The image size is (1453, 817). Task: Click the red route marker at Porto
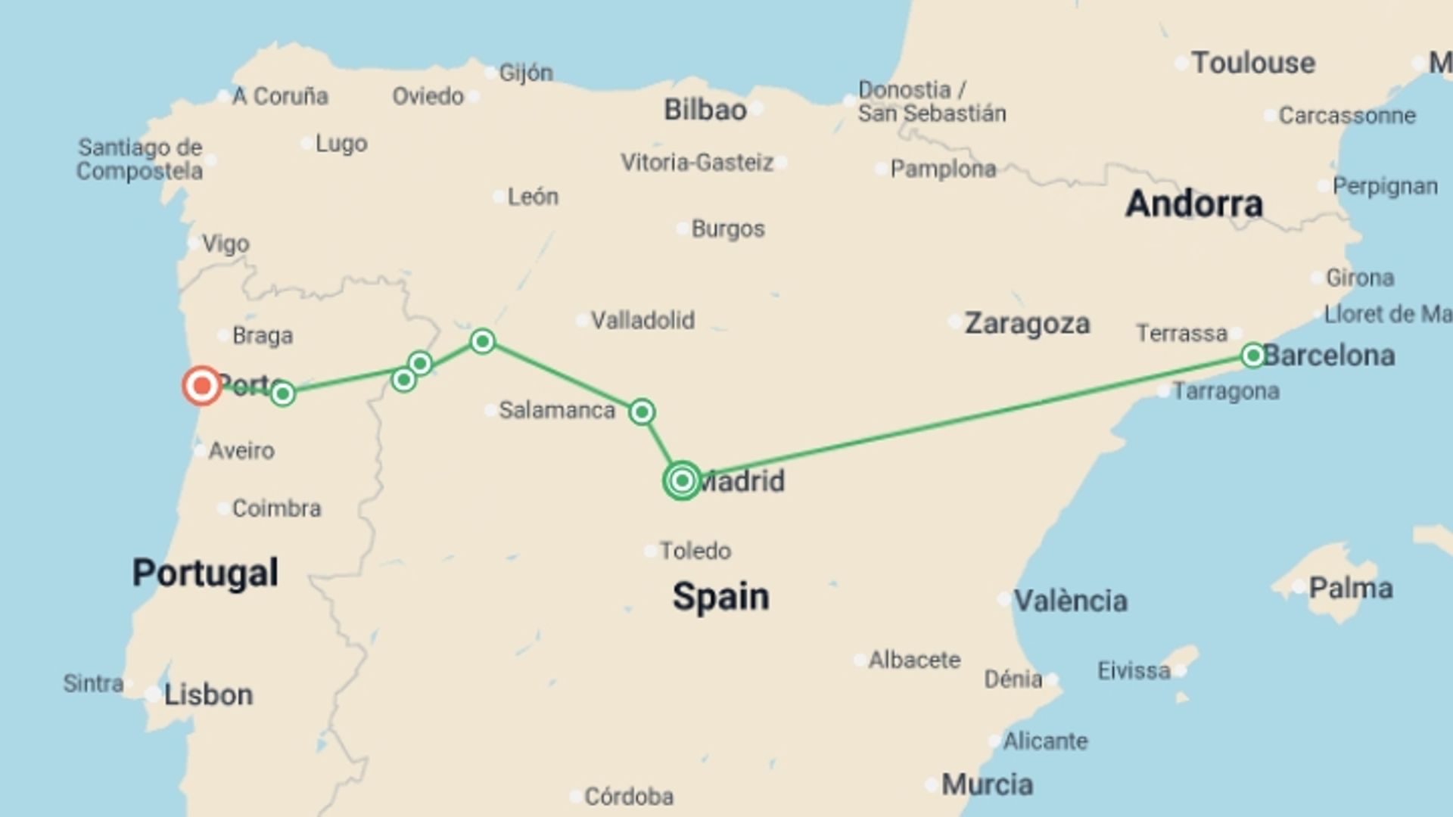(x=201, y=386)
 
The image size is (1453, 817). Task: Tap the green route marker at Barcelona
(x=1252, y=355)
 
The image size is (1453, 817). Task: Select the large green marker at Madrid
(x=682, y=480)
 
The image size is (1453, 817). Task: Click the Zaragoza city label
(x=1027, y=324)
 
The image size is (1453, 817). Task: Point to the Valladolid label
(x=642, y=320)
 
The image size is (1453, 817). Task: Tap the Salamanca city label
(x=556, y=410)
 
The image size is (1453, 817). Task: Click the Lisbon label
(x=208, y=694)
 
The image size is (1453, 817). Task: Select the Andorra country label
(x=1193, y=203)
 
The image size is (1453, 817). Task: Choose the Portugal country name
(x=205, y=572)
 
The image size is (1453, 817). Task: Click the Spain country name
(x=720, y=596)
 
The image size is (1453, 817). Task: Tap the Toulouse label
(x=1252, y=63)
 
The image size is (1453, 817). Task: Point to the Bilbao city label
(x=705, y=110)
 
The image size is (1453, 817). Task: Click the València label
(x=1070, y=601)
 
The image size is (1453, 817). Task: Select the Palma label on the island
(x=1350, y=588)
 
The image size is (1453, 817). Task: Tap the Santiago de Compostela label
(x=140, y=159)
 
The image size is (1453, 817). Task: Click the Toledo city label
(x=695, y=551)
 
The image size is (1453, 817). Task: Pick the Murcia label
(x=987, y=784)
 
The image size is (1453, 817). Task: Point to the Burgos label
(x=727, y=228)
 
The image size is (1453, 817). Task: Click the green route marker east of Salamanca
(x=642, y=412)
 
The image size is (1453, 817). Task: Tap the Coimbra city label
(x=276, y=508)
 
